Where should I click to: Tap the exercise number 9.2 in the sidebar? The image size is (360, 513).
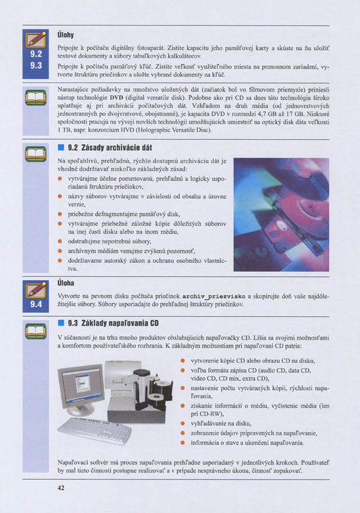click(x=36, y=53)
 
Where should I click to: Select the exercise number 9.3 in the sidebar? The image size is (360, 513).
click(x=36, y=65)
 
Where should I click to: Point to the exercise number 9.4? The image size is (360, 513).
click(x=36, y=304)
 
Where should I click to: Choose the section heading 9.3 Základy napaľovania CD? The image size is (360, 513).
click(x=112, y=323)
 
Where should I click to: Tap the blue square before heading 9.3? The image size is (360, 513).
click(x=60, y=323)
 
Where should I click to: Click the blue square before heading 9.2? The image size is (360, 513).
click(x=60, y=147)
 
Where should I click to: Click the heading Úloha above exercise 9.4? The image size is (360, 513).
click(x=66, y=282)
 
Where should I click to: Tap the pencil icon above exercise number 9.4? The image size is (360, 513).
click(x=36, y=290)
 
